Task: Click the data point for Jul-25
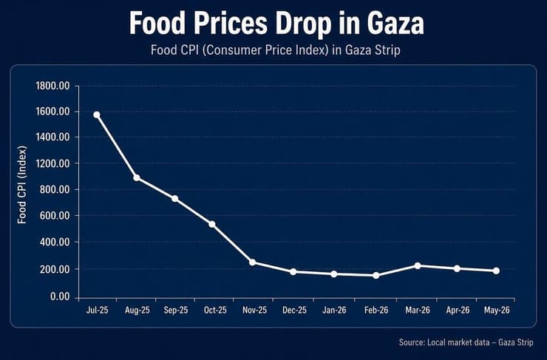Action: coord(97,115)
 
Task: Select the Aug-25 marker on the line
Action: coord(137,178)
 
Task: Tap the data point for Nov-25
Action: coord(252,262)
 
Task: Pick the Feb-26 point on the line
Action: coord(376,276)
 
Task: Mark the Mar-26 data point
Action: coord(417,266)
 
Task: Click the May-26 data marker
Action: coord(496,271)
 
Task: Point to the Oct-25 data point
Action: coord(212,224)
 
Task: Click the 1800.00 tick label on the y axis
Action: coord(52,86)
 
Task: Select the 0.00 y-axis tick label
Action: coord(60,297)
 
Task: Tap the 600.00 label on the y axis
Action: coord(55,216)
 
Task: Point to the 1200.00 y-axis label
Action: coord(52,163)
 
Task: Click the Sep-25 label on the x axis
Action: coord(176,310)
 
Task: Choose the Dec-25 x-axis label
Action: coord(294,310)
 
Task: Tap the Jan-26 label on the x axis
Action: coord(334,310)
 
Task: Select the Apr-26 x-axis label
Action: coord(458,310)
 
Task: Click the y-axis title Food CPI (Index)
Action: coord(22,185)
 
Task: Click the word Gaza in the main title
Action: coord(395,24)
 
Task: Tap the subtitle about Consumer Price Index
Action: coord(276,50)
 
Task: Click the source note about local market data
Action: coord(466,342)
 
